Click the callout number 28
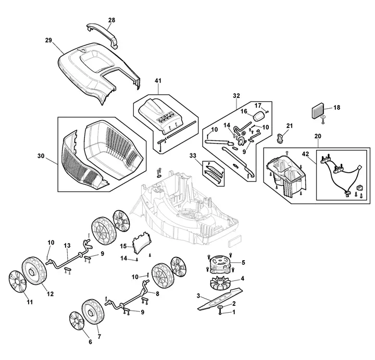pos(111,20)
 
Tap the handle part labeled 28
pos(103,34)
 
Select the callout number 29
pos(48,40)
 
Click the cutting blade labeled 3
pos(220,300)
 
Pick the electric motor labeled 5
pos(220,264)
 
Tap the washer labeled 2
pos(220,307)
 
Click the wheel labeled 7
pos(93,312)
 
